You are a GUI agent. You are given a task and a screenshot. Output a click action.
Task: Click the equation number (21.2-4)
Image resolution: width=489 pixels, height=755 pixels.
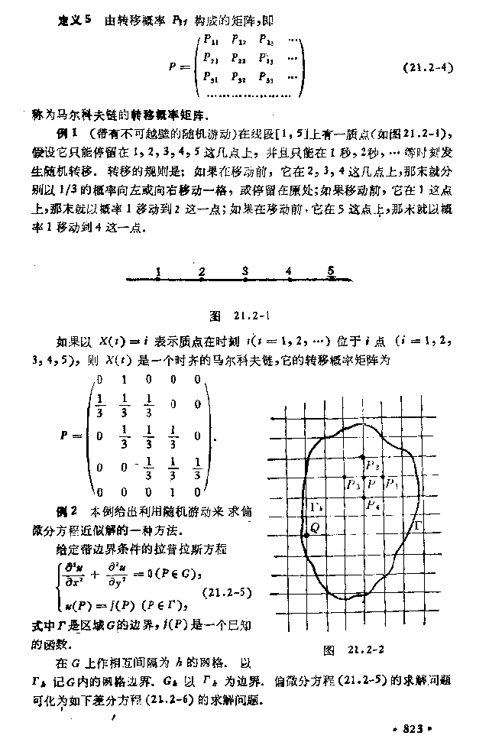(429, 67)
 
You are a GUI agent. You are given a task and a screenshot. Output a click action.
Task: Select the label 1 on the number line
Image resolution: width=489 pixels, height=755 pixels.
(157, 271)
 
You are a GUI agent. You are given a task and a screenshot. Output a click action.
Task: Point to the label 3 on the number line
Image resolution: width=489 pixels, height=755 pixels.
(244, 271)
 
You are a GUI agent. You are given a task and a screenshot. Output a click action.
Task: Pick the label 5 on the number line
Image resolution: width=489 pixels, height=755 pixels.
(331, 270)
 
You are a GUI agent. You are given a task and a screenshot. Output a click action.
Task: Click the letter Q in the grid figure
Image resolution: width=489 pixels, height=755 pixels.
(314, 528)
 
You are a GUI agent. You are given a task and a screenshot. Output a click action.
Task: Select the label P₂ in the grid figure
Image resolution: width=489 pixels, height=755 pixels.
(372, 465)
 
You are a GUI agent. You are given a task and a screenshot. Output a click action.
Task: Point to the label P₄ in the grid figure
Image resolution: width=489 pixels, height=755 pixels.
(372, 504)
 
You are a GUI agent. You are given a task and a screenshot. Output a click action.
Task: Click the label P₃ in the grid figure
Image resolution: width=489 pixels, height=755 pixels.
(353, 484)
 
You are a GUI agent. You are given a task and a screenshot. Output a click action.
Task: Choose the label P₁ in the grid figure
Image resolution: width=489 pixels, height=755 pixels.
(391, 484)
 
